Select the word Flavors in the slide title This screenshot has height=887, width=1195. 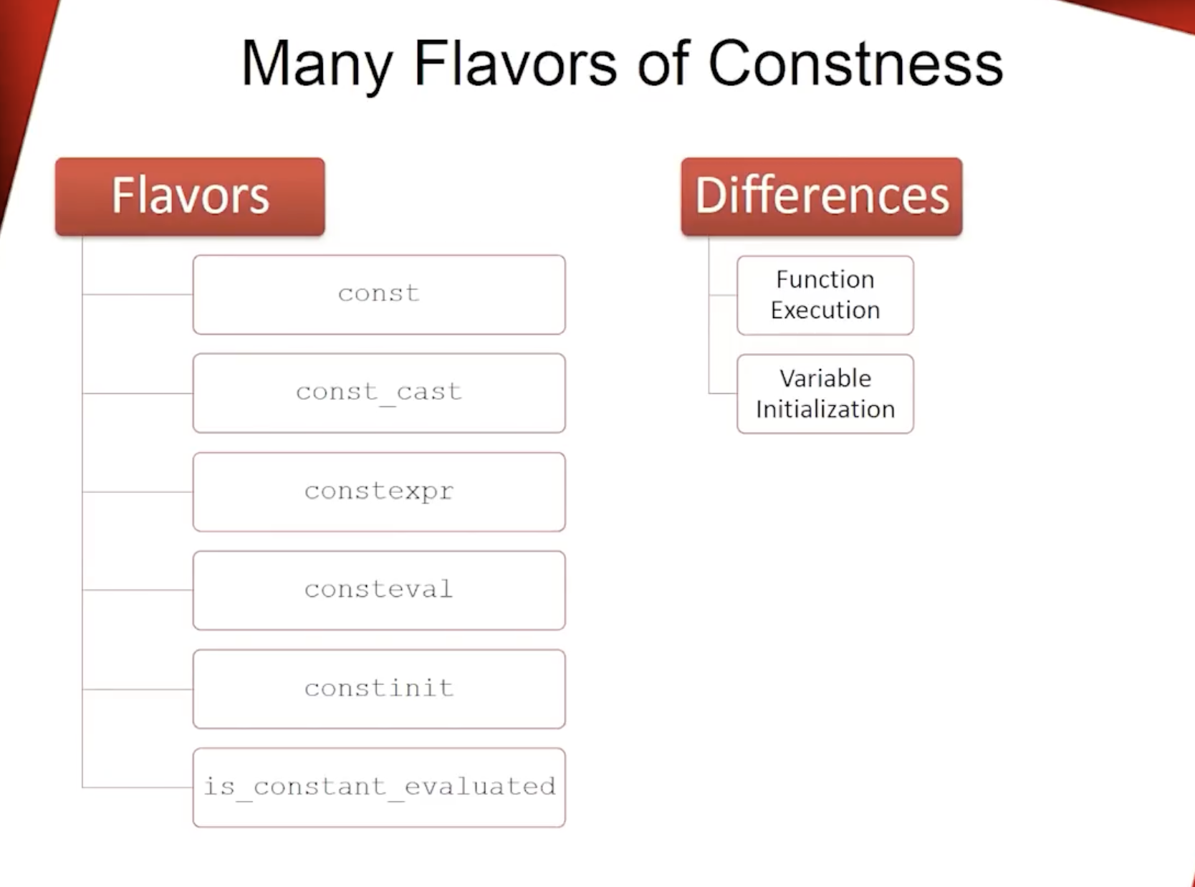(x=514, y=63)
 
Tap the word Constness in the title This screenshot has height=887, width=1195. (x=855, y=63)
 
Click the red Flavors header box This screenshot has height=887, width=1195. (x=190, y=197)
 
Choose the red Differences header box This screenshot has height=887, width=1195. (x=822, y=197)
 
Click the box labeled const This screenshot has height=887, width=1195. (x=379, y=294)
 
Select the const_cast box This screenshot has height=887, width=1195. (x=379, y=393)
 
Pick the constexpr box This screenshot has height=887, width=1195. (x=379, y=492)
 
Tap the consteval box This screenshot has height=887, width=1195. (x=379, y=590)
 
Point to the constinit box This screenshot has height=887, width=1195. (x=379, y=689)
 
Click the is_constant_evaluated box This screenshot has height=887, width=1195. (x=379, y=787)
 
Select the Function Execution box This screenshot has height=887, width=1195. (x=825, y=295)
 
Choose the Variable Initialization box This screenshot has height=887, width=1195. (x=825, y=394)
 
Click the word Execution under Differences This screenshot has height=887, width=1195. (x=825, y=310)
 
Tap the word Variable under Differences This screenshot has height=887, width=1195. (x=825, y=378)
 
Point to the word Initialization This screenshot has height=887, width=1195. (x=825, y=409)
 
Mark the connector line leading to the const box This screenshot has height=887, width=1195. (x=138, y=294)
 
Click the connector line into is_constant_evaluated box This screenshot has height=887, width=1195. (x=138, y=787)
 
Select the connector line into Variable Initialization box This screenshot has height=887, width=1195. (x=723, y=393)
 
